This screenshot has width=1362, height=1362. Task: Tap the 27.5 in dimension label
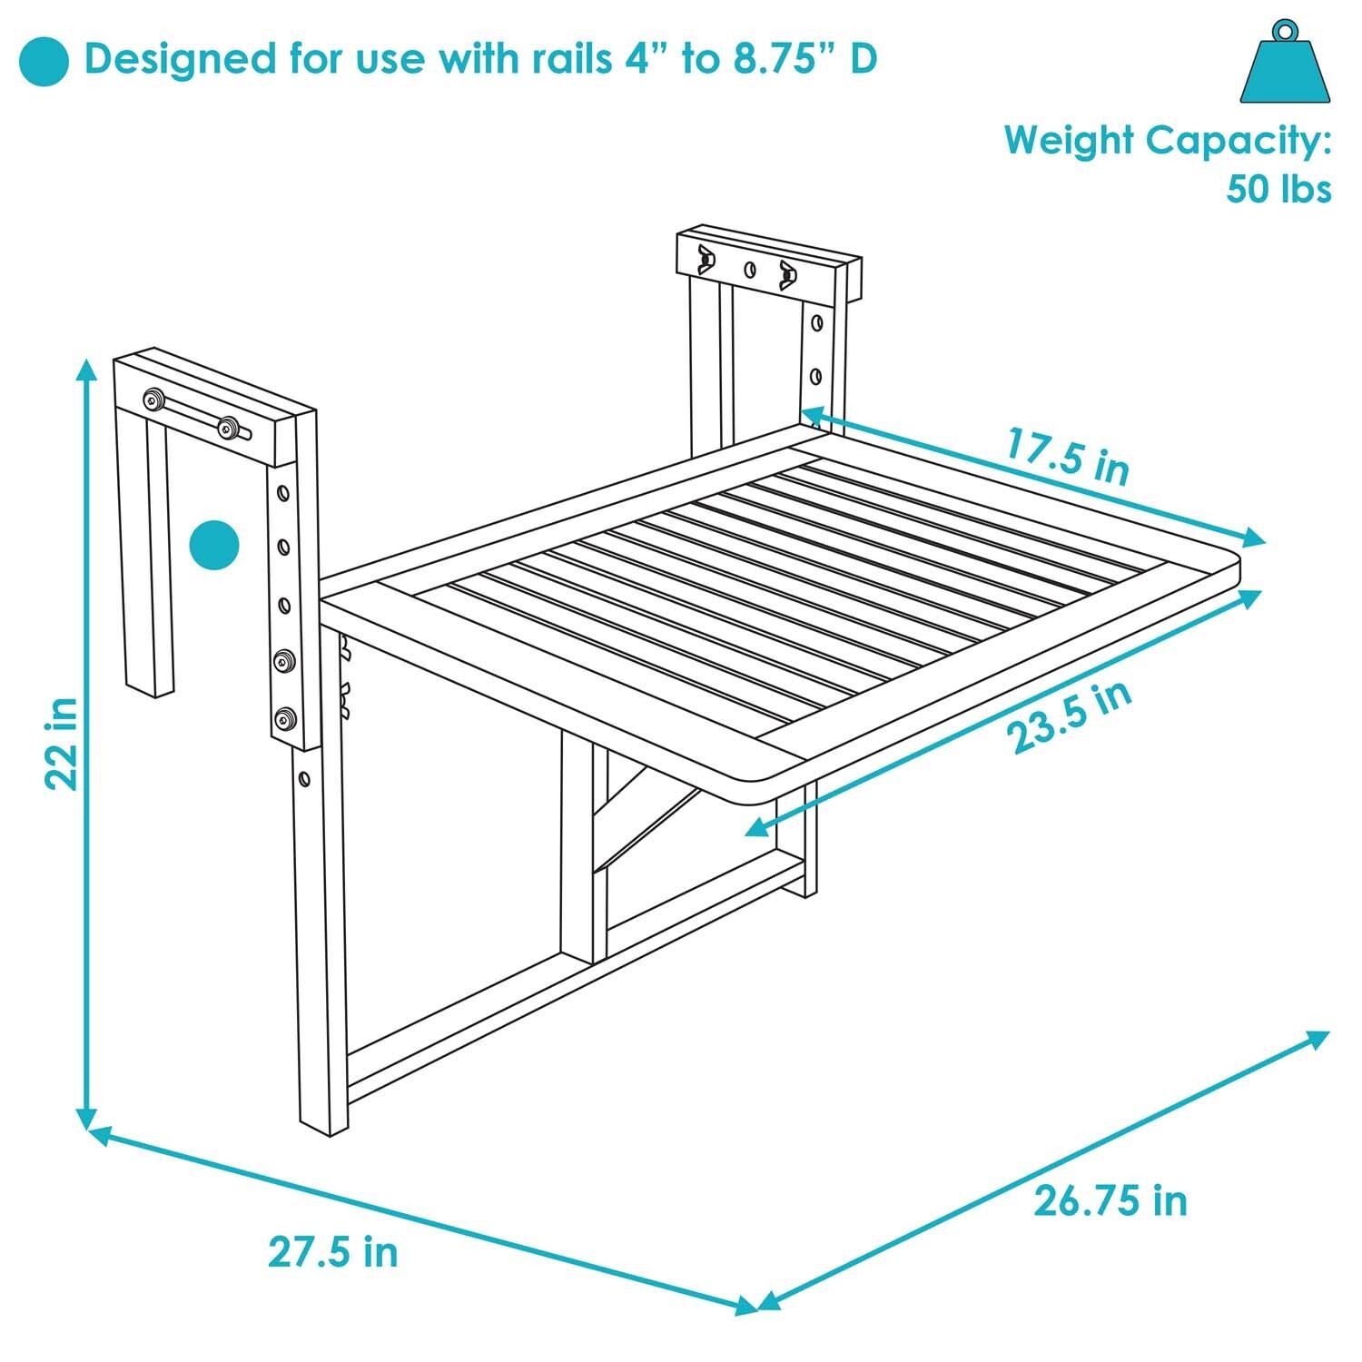333,1252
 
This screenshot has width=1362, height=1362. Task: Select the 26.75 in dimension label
1110,1200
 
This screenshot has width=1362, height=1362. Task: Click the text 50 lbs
1278,189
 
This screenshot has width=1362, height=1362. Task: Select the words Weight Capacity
1168,141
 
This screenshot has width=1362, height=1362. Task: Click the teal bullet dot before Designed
44,61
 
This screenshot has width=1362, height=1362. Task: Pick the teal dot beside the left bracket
214,547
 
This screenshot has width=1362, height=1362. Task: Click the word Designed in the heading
179,59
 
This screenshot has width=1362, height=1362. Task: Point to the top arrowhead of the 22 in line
86,369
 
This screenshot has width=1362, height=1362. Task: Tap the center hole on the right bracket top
750,269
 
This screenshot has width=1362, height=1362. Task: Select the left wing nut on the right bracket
704,258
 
